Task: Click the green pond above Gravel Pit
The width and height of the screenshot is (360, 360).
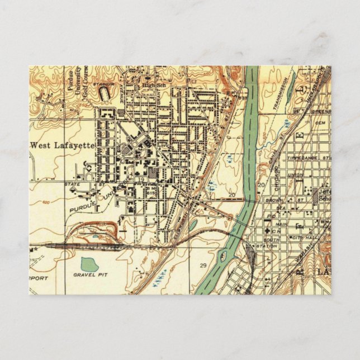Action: (89, 264)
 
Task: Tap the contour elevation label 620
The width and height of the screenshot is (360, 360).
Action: (47, 201)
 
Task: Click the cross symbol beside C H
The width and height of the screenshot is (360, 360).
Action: (268, 231)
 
